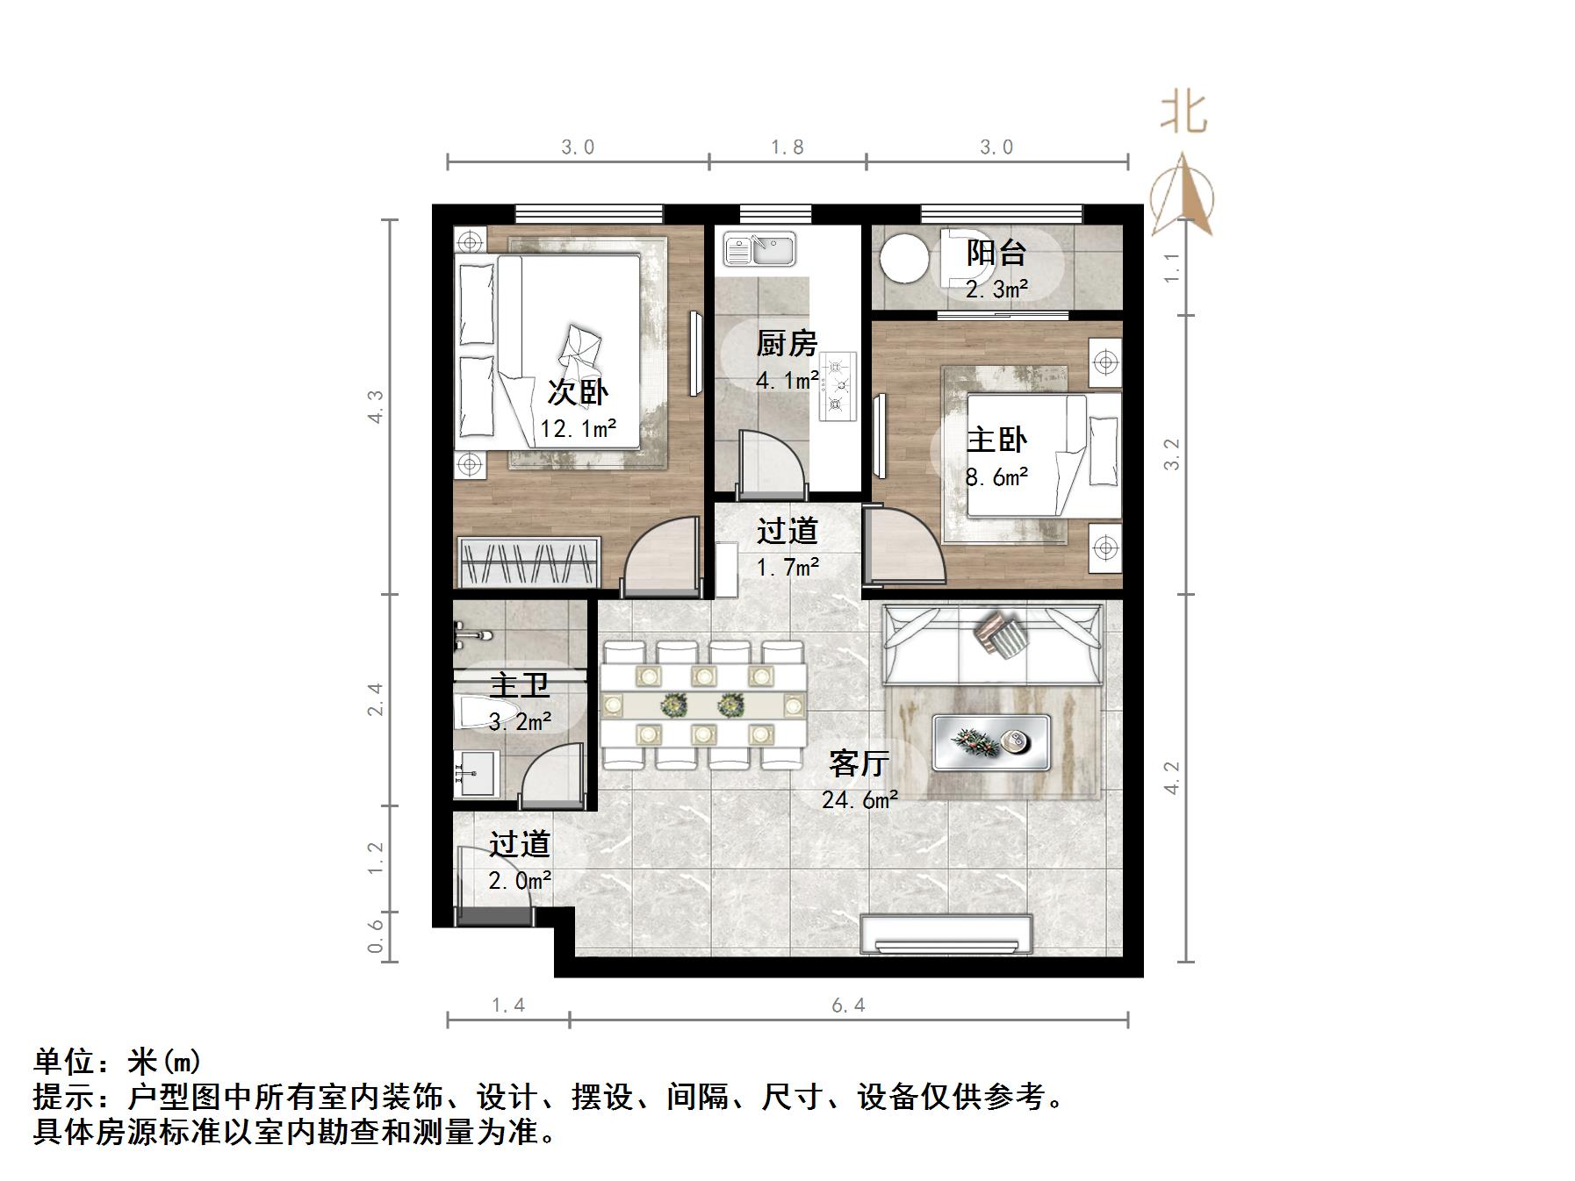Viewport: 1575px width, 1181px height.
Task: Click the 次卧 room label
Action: point(578,392)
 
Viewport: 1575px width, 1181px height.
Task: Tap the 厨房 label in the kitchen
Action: point(787,343)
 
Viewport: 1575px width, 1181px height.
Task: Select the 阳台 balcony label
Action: point(996,253)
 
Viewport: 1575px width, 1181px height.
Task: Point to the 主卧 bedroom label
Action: point(996,440)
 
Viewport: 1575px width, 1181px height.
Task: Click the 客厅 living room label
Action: point(859,763)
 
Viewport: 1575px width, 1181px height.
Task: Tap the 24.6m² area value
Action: point(859,799)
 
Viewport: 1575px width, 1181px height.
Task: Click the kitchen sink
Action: point(759,249)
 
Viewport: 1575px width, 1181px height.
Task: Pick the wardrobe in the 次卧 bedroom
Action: point(529,562)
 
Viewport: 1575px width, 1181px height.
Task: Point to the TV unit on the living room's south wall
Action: point(946,934)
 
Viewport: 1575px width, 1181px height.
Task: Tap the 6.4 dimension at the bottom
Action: point(848,1006)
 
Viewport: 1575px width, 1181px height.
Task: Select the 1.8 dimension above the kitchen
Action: point(787,147)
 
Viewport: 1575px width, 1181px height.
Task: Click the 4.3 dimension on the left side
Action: point(376,406)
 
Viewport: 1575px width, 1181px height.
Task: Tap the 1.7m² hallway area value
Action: point(787,567)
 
